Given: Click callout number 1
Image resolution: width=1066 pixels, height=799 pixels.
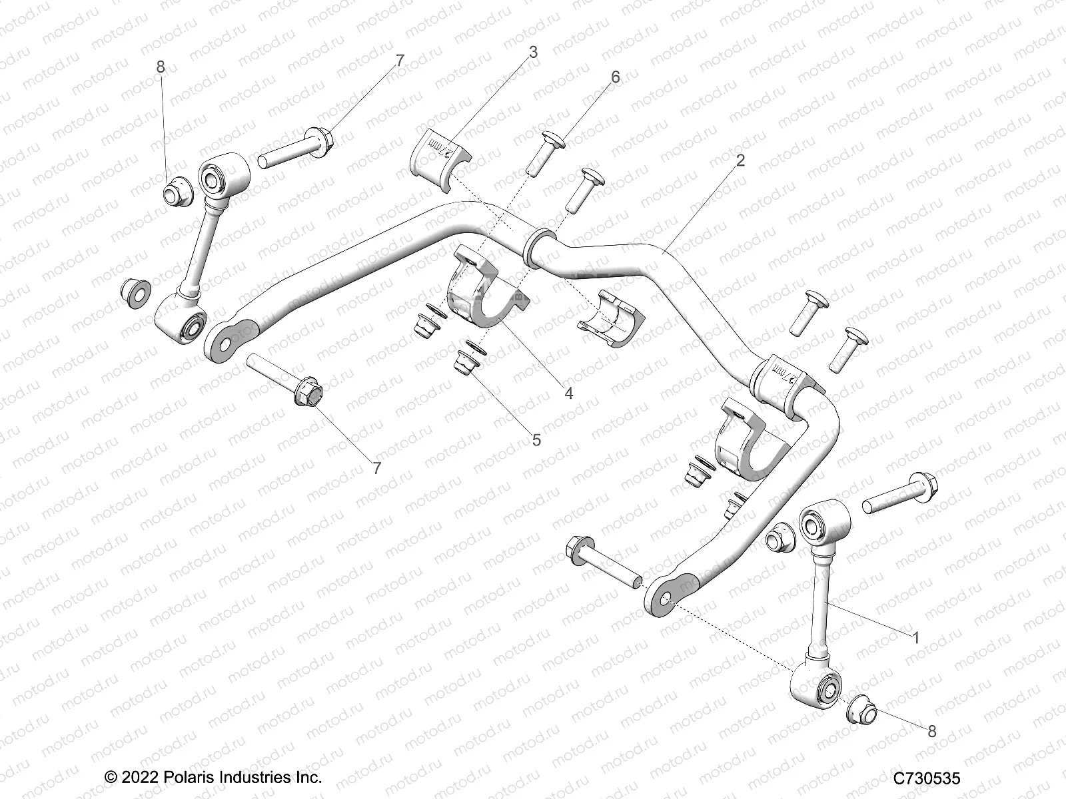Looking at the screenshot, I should coord(915,638).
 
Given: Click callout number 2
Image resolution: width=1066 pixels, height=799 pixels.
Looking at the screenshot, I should coord(741,161).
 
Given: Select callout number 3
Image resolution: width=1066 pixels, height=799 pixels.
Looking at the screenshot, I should coord(534,53).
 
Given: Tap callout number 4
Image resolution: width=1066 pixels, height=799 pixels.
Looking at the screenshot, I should coord(568,393).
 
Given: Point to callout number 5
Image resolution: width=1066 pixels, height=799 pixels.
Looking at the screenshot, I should coord(536,440).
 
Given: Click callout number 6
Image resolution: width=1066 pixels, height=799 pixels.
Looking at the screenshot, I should coord(615,77).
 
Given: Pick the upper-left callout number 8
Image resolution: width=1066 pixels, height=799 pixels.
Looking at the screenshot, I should coord(160,67).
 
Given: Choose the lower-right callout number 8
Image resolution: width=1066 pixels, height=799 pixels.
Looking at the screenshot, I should coord(931,732).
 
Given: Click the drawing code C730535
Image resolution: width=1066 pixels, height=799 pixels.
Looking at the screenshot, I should coord(927,778).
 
